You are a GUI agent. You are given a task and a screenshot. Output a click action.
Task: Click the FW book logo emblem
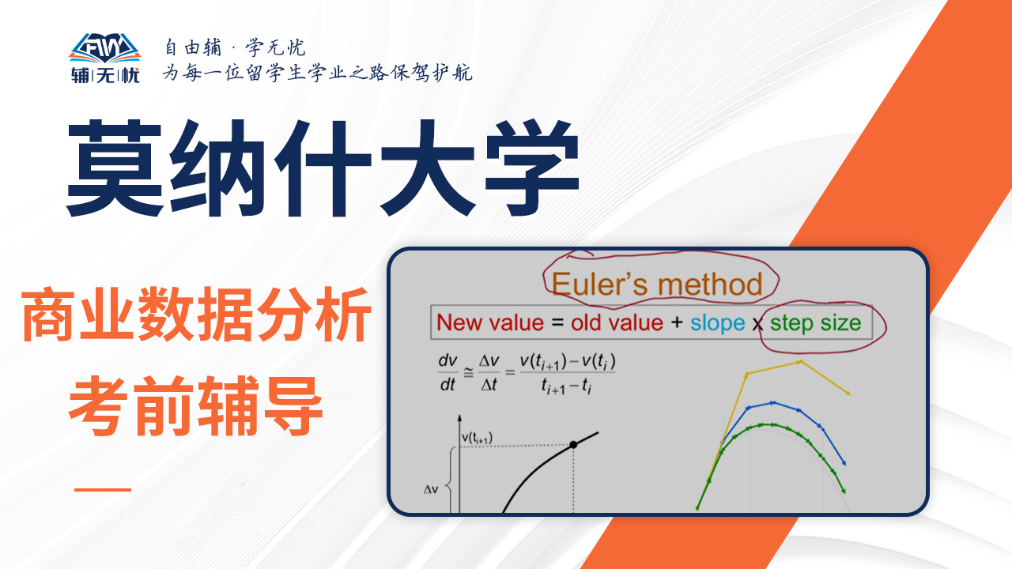[x=105, y=48]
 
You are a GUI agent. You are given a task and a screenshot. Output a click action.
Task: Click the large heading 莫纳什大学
[x=323, y=168]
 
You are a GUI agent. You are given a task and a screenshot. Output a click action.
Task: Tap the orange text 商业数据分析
[x=197, y=315]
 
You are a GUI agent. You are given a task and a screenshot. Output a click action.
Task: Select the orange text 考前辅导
[x=195, y=406]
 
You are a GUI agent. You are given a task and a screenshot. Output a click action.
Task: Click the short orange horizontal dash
[x=103, y=489]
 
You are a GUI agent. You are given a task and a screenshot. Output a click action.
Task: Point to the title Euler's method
[x=657, y=284]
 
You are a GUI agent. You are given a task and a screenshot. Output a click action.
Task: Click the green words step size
[x=815, y=323]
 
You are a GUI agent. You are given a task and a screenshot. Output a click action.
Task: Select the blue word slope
[x=717, y=323]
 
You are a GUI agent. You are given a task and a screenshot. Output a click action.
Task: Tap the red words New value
[x=490, y=323]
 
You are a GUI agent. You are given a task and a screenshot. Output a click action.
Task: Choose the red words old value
[x=617, y=323]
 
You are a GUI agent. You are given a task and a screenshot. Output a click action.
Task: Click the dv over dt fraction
[x=447, y=372]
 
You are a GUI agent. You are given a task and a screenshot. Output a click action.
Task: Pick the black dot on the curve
[x=573, y=445]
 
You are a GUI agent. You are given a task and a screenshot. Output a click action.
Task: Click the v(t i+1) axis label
[x=477, y=438]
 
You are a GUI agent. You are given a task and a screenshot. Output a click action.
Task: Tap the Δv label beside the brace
[x=431, y=489]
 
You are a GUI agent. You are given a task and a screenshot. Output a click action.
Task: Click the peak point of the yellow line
[x=800, y=362]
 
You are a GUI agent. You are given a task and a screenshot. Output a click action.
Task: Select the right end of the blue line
[x=844, y=463]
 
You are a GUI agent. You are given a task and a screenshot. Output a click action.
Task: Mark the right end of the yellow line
[x=848, y=394]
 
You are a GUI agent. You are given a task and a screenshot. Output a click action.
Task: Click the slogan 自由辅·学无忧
[x=235, y=47]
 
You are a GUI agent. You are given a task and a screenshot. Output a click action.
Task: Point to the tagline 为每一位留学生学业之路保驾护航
[x=318, y=72]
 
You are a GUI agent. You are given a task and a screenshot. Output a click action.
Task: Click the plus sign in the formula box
[x=677, y=322]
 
